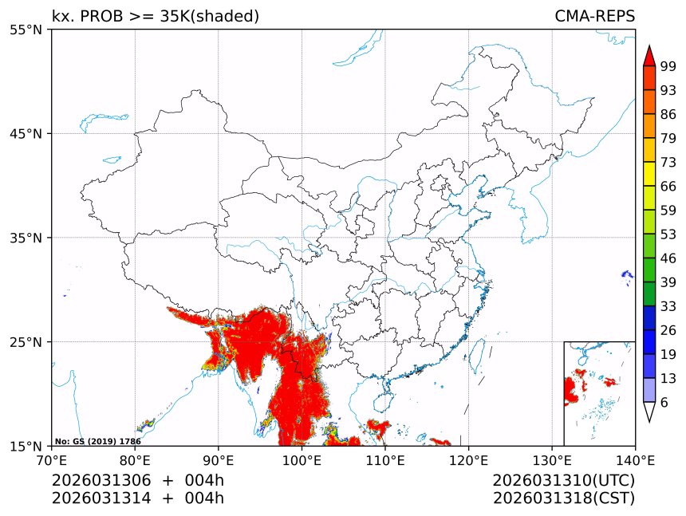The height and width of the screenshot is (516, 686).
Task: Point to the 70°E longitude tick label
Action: point(52,459)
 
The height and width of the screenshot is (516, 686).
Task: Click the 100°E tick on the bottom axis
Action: point(302,459)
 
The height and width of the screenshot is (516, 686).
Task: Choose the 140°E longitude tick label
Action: point(635,459)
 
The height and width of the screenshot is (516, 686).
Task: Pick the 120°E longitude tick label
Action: point(468,459)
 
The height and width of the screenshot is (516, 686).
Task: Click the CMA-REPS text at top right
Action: point(594,17)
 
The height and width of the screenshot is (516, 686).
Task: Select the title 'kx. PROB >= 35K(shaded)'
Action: point(156,17)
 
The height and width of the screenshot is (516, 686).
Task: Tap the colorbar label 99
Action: point(668,66)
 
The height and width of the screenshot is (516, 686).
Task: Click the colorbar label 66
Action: point(668,186)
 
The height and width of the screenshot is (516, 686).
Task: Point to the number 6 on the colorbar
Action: point(664,403)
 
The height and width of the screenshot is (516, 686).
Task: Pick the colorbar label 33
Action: point(668,306)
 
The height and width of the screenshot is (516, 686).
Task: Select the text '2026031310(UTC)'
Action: point(563,481)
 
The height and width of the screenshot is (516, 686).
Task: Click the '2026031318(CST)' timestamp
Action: point(563,498)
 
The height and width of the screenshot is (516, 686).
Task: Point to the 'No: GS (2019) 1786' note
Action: point(98,441)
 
